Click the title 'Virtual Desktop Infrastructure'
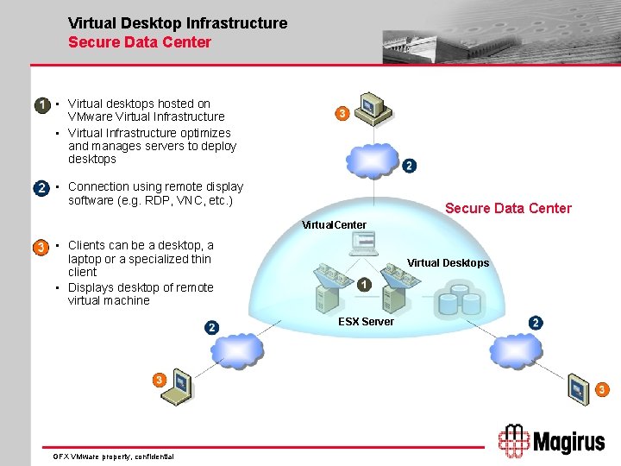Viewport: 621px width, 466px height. (178, 23)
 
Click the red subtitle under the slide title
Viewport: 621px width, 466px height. (140, 41)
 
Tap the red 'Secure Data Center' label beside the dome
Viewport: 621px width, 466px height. (508, 208)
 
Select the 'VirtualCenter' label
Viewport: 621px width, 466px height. (334, 225)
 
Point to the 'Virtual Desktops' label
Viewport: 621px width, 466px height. (448, 263)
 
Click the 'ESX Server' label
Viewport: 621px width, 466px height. (366, 322)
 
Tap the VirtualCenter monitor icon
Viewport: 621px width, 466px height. (362, 245)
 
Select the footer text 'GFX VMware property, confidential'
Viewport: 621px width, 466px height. (113, 456)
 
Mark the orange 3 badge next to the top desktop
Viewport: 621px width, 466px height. (342, 114)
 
